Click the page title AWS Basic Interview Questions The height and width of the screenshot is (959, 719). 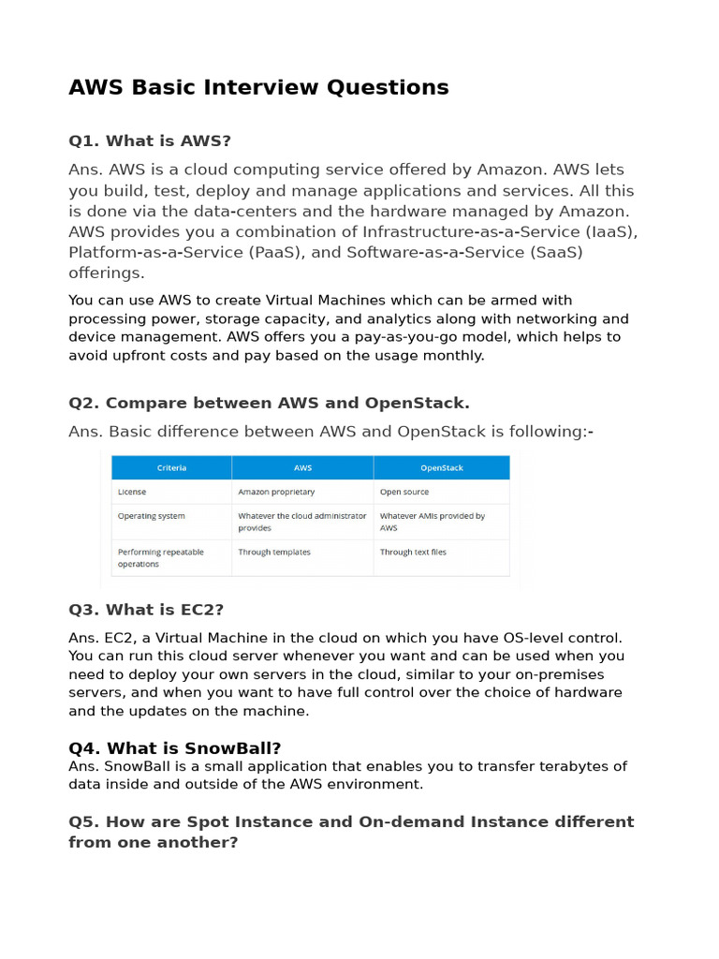click(258, 87)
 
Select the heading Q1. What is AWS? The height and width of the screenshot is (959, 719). click(150, 140)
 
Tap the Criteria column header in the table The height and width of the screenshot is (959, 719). click(171, 467)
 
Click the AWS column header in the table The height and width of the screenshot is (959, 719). click(302, 467)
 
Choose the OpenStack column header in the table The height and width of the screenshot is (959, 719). click(441, 467)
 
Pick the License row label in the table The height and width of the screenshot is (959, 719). click(132, 491)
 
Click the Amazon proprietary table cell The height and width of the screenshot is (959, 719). click(276, 491)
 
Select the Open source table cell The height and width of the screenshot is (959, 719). click(404, 491)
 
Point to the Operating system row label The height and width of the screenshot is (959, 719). click(152, 516)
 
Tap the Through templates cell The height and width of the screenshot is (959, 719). click(274, 552)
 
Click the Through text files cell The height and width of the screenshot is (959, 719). click(413, 552)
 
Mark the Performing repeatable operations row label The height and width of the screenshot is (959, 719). click(160, 557)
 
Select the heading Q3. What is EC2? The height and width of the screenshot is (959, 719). click(146, 610)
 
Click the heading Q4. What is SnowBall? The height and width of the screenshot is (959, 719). click(175, 747)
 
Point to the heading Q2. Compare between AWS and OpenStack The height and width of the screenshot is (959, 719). click(269, 403)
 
